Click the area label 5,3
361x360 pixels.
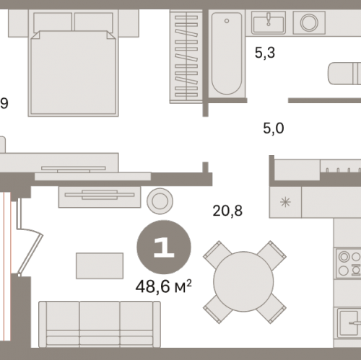pyautogui.click(x=265, y=53)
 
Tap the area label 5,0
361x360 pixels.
pyautogui.click(x=274, y=128)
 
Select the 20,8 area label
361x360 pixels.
pyautogui.click(x=227, y=211)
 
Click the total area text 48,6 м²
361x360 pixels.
pyautogui.click(x=164, y=286)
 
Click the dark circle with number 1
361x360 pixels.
pyautogui.click(x=164, y=247)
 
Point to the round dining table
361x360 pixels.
pyautogui.click(x=243, y=281)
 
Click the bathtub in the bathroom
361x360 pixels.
pyautogui.click(x=227, y=53)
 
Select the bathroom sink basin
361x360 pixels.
pyautogui.click(x=269, y=23)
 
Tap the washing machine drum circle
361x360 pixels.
pyautogui.click(x=309, y=22)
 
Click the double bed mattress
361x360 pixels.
pyautogui.click(x=73, y=72)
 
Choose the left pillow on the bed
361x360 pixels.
pyautogui.click(x=53, y=22)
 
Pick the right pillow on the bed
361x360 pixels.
pyautogui.click(x=94, y=22)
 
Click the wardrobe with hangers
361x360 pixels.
pyautogui.click(x=186, y=56)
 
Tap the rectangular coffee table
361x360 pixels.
pyautogui.click(x=100, y=265)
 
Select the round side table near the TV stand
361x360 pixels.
pyautogui.click(x=160, y=201)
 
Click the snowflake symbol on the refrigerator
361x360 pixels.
pyautogui.click(x=285, y=202)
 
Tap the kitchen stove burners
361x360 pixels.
pyautogui.click(x=349, y=263)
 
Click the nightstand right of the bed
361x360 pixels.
pyautogui.click(x=129, y=23)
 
